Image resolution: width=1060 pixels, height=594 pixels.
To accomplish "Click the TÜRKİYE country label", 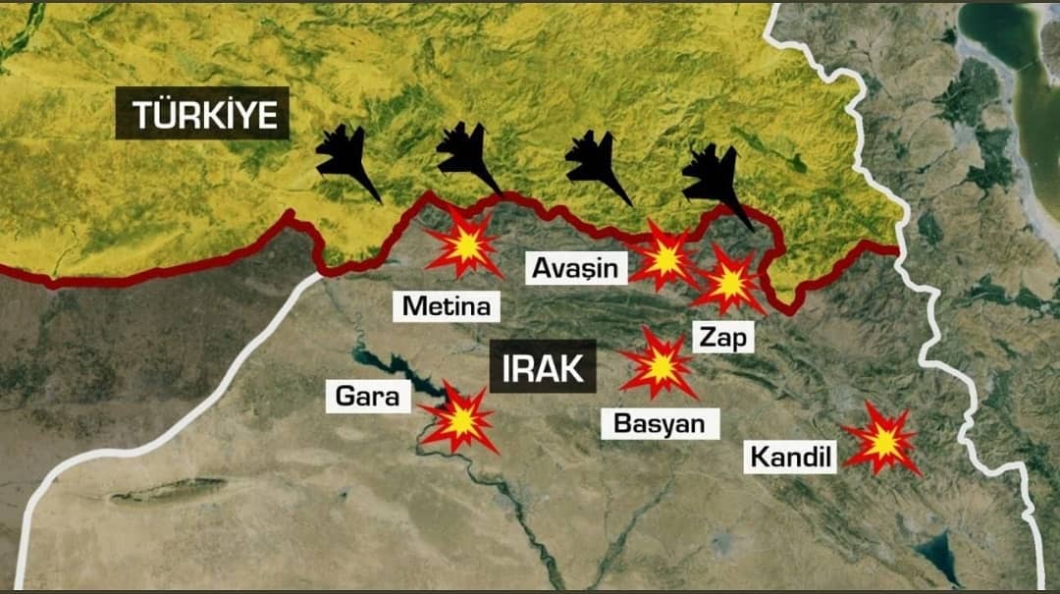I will (x=202, y=115).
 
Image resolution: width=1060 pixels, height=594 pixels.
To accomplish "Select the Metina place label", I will (x=447, y=306).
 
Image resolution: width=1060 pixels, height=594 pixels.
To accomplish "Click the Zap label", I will (x=723, y=339).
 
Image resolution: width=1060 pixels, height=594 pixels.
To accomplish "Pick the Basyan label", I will (x=659, y=423).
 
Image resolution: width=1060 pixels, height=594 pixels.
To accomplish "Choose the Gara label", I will (x=367, y=397).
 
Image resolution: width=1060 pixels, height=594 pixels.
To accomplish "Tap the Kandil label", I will (x=791, y=457).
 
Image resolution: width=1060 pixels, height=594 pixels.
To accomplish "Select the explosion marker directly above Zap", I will (x=728, y=282).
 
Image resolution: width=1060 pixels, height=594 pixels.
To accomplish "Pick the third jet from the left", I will (x=597, y=165).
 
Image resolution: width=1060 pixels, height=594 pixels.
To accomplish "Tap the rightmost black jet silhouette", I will (x=716, y=183).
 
